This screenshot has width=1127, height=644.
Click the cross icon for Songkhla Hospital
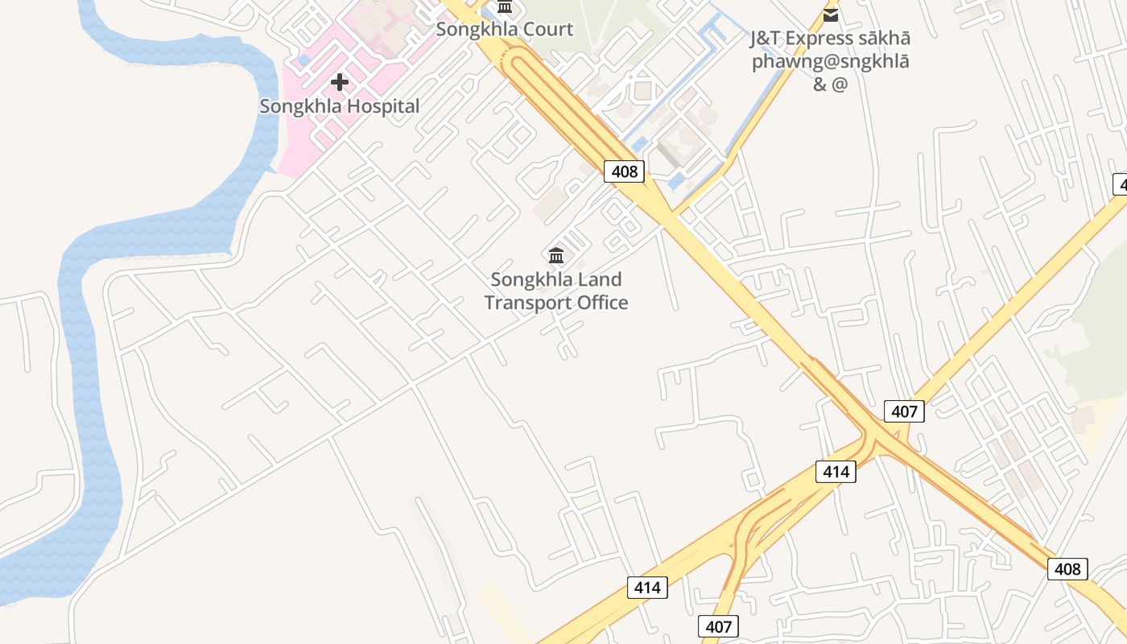pos(340,81)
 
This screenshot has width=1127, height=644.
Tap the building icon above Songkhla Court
pos(505,7)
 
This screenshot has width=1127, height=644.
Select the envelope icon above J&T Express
pos(831,14)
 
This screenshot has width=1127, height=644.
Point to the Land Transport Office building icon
pos(555,256)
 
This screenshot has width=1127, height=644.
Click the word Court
pos(547,30)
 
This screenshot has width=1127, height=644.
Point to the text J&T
pos(766,39)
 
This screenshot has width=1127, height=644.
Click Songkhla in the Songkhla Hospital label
pos(297,106)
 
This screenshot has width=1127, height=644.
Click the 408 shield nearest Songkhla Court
pos(624,171)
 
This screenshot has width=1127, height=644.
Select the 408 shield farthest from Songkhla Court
pos(1067,569)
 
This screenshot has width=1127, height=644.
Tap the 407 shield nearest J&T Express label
pos(904,411)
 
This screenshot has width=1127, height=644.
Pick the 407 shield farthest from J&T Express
pos(718,626)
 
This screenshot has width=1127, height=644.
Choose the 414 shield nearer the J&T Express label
pos(836,472)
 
